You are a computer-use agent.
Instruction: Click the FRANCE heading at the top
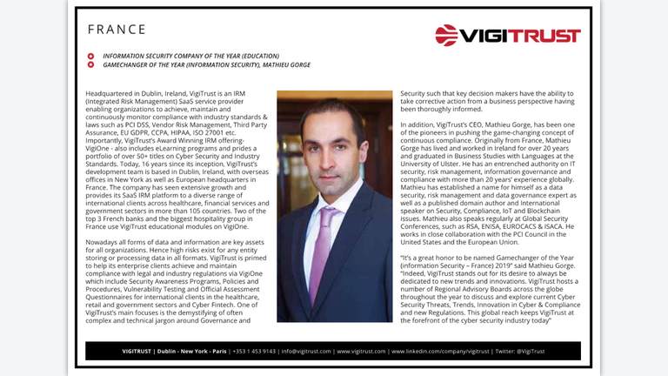pyautogui.click(x=117, y=30)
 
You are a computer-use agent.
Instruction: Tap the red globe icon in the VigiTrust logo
pyautogui.click(x=447, y=36)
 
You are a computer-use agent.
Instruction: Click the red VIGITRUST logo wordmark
pyautogui.click(x=520, y=37)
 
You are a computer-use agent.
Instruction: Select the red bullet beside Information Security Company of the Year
pyautogui.click(x=91, y=56)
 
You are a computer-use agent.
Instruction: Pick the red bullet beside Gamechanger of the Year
pyautogui.click(x=91, y=65)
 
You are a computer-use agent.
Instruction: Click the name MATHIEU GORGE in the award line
pyautogui.click(x=284, y=65)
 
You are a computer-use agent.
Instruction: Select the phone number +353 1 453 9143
pyautogui.click(x=253, y=352)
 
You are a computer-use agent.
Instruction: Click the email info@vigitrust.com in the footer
pyautogui.click(x=306, y=352)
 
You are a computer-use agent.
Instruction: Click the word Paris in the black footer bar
pyautogui.click(x=217, y=352)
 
